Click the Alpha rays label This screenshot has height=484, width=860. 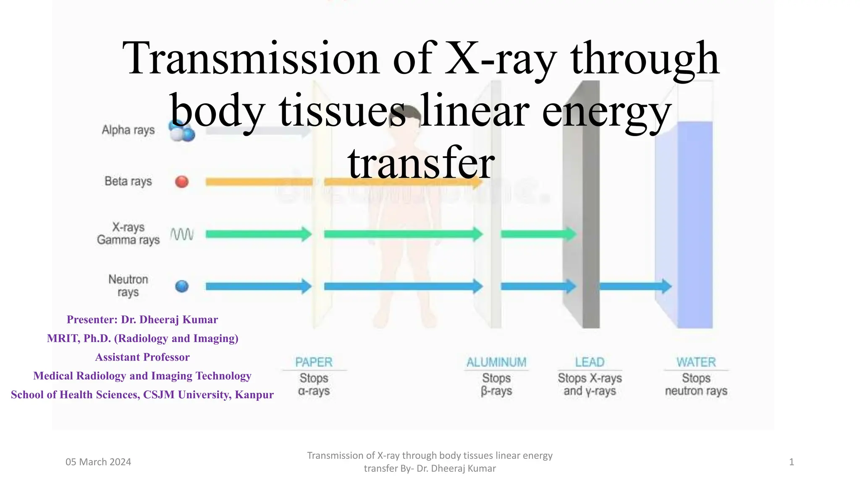pos(128,130)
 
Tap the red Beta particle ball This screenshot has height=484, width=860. pos(181,181)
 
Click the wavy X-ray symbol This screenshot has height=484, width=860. pos(182,234)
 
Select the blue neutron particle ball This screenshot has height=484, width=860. pos(181,287)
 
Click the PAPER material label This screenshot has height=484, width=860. pos(314,362)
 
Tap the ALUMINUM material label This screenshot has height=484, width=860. pos(496,362)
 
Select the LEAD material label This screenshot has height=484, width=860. pos(590,362)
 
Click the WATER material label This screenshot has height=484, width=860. pos(696,362)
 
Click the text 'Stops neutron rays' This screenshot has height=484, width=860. pos(696,385)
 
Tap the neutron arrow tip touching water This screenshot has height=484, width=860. pos(667,287)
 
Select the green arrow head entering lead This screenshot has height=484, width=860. pos(571,234)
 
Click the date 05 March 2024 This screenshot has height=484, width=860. pos(98,462)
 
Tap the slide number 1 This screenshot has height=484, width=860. pos(791,462)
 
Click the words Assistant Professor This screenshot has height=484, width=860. pos(142,357)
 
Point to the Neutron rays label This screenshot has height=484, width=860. pos(128,286)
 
